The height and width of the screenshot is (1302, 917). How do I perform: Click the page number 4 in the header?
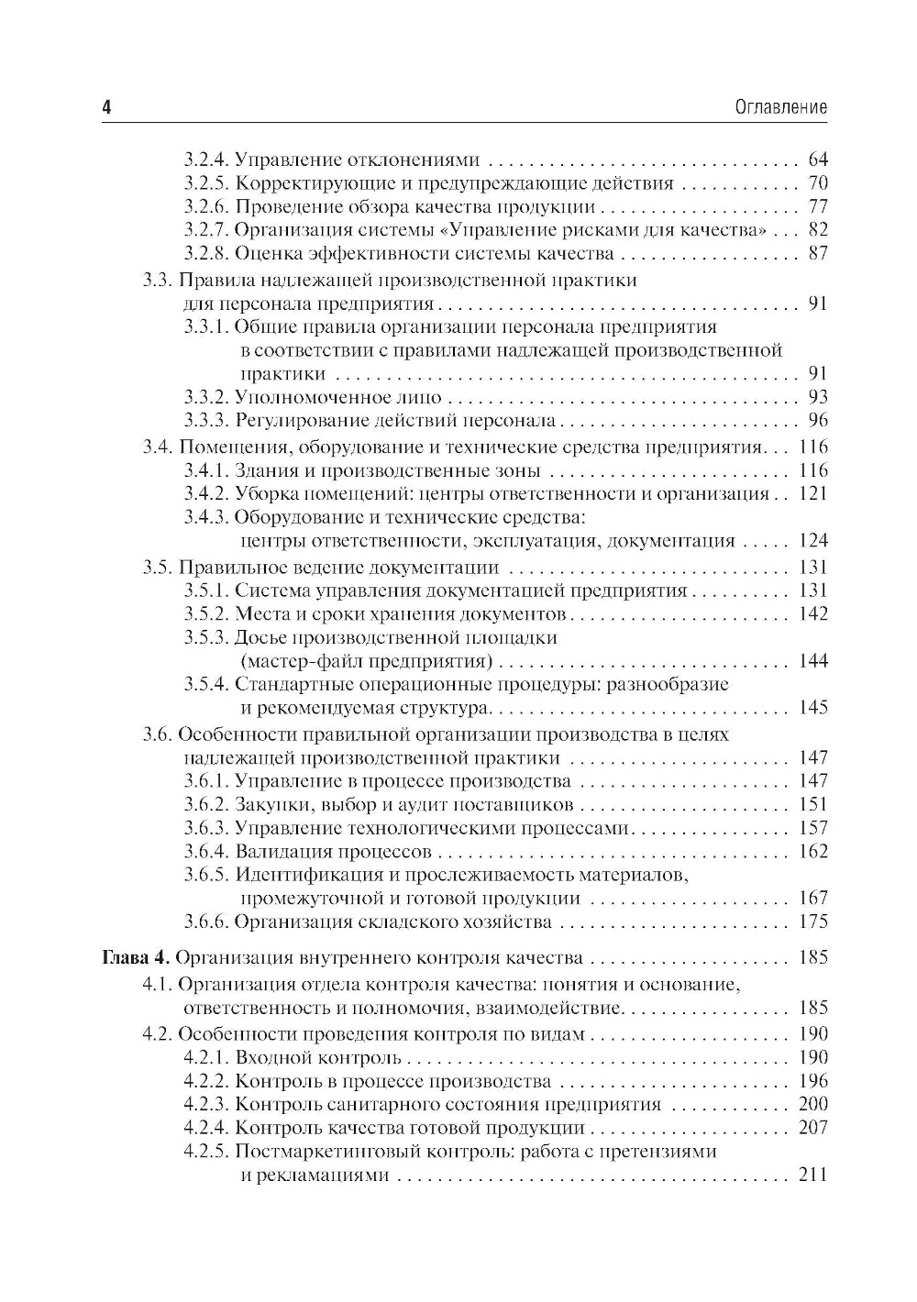(x=106, y=108)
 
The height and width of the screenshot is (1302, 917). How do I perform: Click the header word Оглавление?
(x=781, y=108)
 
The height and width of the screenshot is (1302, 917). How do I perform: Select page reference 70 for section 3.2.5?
(x=818, y=183)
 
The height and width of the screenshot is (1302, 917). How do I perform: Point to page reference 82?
(x=818, y=230)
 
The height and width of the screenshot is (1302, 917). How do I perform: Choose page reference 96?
(x=818, y=421)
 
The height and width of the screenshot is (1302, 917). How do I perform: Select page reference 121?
(x=813, y=494)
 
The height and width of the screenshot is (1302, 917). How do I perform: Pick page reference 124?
(x=813, y=541)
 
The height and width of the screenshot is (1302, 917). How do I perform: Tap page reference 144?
(x=813, y=661)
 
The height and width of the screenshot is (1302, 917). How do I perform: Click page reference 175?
(x=813, y=921)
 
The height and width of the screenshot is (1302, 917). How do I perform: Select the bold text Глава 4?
(x=134, y=958)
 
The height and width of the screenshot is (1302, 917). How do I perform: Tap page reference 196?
(x=813, y=1081)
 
